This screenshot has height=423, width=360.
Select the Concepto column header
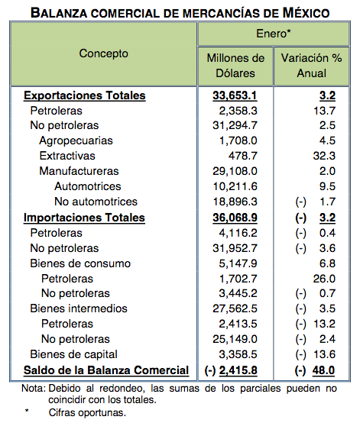pyautogui.click(x=103, y=54)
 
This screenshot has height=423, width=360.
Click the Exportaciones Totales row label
pyautogui.click(x=85, y=96)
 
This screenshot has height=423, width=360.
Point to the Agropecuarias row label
pyautogui.click(x=76, y=141)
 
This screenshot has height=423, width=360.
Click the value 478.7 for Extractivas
pyautogui.click(x=252, y=157)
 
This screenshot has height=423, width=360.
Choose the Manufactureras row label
pyautogui.click(x=79, y=172)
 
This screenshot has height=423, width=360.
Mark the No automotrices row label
pyautogui.click(x=96, y=202)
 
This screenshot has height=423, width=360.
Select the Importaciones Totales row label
pyautogui.click(x=84, y=218)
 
